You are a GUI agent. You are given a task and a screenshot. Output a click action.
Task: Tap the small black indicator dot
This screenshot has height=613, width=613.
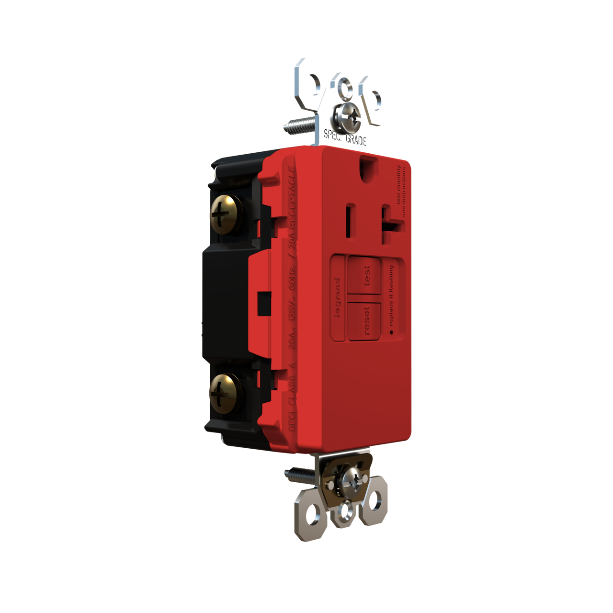[391, 332]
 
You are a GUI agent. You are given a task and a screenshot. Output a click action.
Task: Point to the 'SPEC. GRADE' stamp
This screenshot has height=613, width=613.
[345, 137]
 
